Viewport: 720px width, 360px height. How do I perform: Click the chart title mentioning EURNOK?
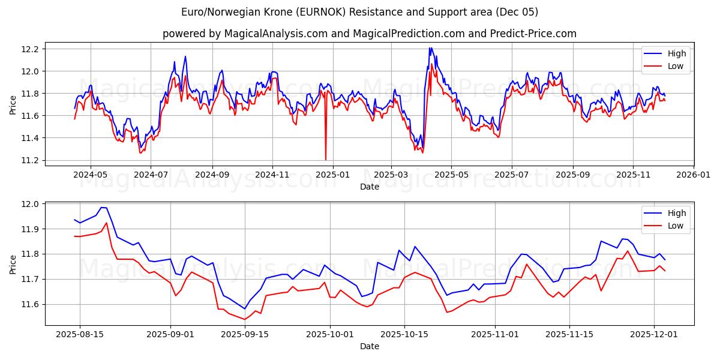[x=359, y=12]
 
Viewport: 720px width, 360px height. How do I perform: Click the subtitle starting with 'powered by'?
[x=369, y=34]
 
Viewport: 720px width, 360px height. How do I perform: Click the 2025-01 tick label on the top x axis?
[x=332, y=175]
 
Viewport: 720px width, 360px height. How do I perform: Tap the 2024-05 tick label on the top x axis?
[x=91, y=175]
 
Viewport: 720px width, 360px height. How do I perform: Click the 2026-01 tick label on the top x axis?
[x=693, y=175]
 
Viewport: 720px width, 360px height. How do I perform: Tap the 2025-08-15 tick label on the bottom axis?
[x=80, y=334]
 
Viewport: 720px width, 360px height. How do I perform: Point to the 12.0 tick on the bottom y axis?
[x=29, y=204]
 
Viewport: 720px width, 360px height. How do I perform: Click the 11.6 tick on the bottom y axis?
[x=29, y=304]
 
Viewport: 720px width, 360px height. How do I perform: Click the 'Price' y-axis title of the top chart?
[x=13, y=105]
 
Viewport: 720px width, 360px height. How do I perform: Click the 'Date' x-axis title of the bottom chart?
[x=369, y=346]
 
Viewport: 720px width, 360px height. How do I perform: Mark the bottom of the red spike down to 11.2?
[x=326, y=160]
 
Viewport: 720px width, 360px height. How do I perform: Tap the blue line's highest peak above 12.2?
[x=430, y=48]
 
